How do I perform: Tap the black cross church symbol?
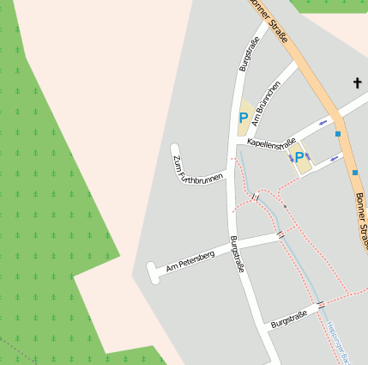click(x=358, y=82)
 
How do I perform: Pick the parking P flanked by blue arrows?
click(x=300, y=157)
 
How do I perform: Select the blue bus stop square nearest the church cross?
click(x=339, y=134)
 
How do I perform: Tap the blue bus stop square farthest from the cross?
click(x=355, y=172)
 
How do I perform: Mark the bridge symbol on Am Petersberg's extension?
click(x=281, y=234)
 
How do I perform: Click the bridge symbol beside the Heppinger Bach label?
click(x=321, y=304)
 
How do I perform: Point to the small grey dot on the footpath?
click(x=286, y=207)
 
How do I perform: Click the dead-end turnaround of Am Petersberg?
click(x=154, y=272)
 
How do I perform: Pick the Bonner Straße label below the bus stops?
click(x=360, y=219)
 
